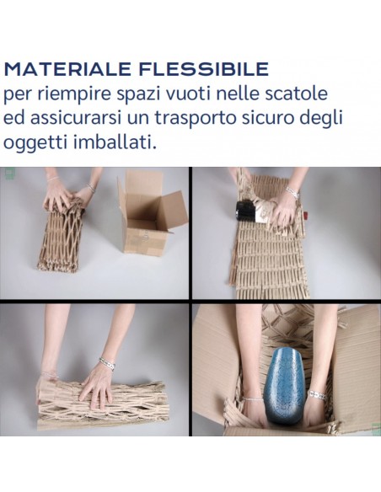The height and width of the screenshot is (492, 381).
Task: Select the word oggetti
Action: coord(35,143)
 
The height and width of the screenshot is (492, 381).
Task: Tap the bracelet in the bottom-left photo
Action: coord(107,363)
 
